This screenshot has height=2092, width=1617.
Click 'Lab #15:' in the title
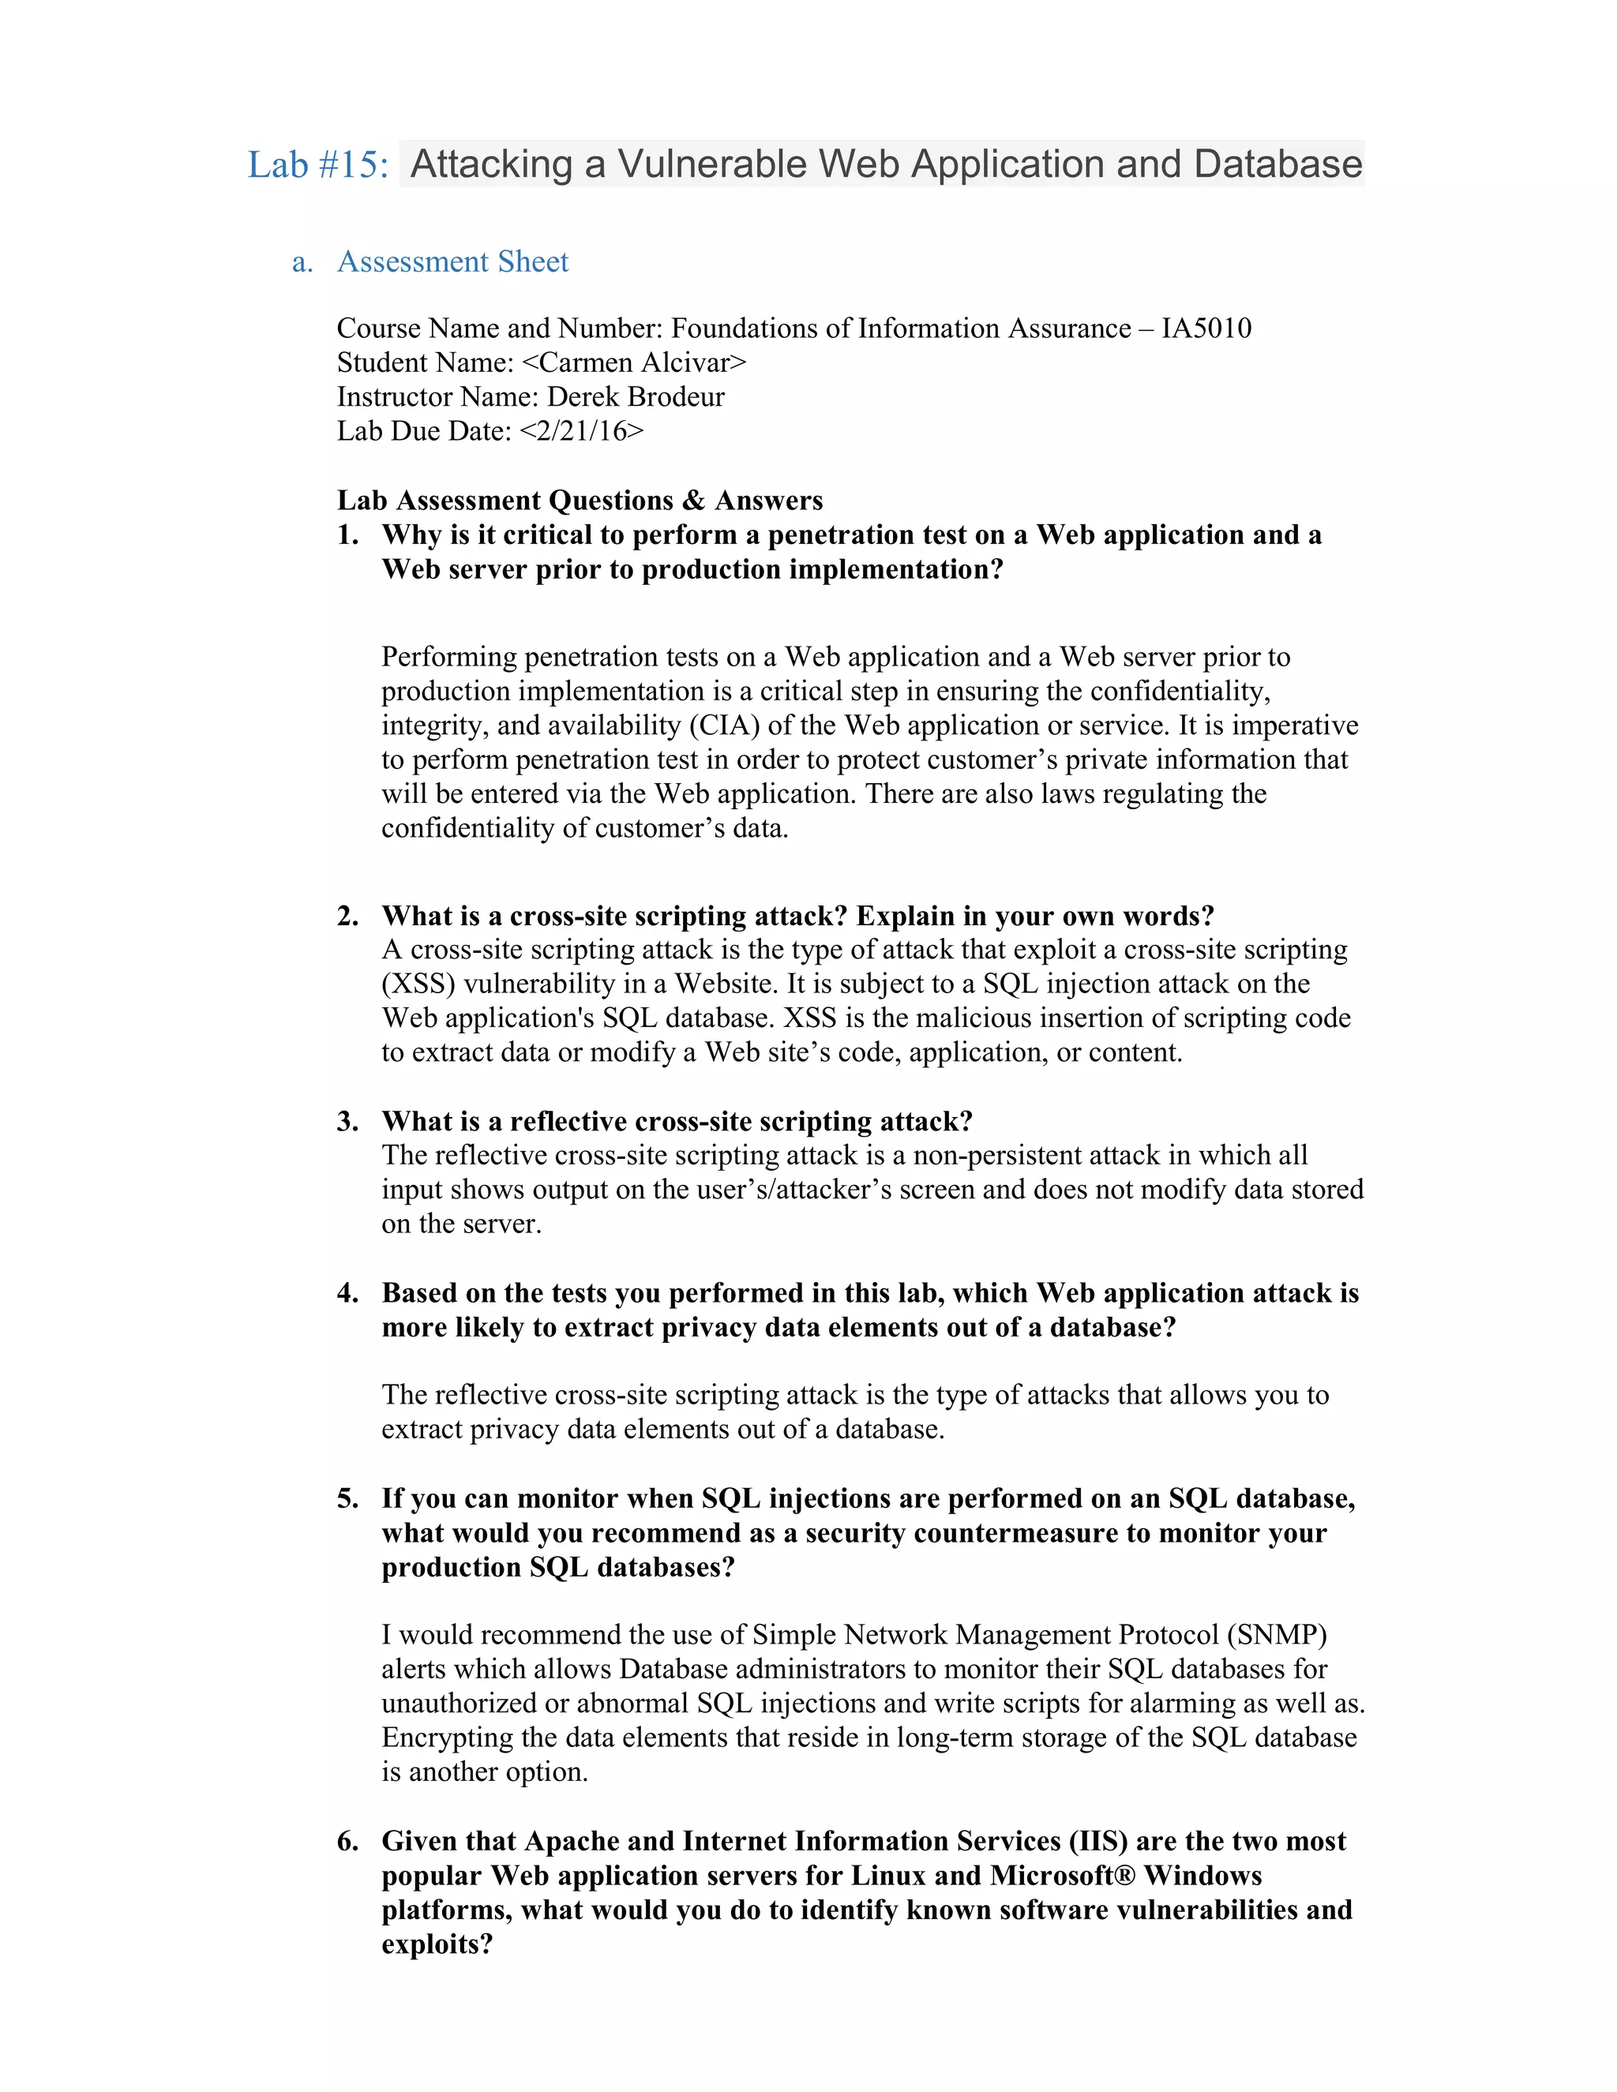click(318, 165)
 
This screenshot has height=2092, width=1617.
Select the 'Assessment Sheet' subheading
click(452, 261)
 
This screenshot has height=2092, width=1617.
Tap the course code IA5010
click(1206, 328)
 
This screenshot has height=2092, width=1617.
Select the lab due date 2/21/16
click(581, 431)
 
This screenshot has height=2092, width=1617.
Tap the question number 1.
click(347, 534)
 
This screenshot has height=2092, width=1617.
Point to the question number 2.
click(347, 916)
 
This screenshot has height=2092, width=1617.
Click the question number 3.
click(347, 1122)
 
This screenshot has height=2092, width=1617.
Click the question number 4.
click(347, 1293)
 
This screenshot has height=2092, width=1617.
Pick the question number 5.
click(347, 1498)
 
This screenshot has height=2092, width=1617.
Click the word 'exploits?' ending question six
click(437, 1944)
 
